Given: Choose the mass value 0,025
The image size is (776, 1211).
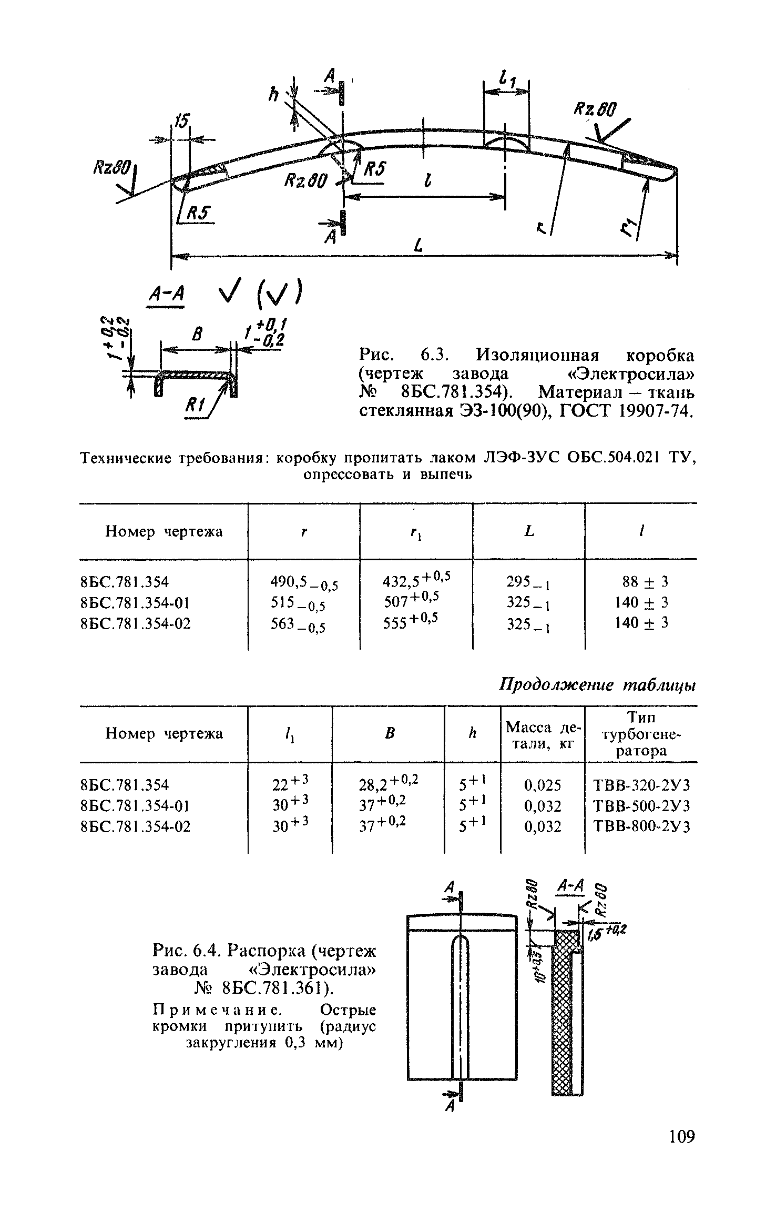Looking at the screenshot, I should pos(543,785).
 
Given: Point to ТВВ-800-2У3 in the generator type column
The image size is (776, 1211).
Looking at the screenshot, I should pos(641,826).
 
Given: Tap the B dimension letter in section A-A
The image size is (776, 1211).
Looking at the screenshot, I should pos(198,335).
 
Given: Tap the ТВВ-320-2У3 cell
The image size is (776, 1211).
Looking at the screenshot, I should pos(641,785).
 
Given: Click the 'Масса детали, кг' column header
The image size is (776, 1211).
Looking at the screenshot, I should pos(543,735).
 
